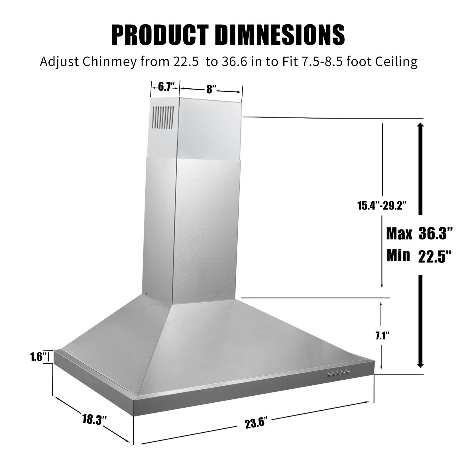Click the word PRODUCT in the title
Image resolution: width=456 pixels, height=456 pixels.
159,35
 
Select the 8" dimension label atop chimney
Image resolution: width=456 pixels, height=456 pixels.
211,89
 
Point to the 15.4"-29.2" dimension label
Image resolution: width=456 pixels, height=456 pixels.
382,205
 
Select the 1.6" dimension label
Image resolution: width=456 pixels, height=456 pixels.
38,357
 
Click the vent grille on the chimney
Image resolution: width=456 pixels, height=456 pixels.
163,117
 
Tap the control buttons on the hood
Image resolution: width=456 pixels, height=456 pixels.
339,374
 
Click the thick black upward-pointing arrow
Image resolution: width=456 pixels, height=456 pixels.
420,168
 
